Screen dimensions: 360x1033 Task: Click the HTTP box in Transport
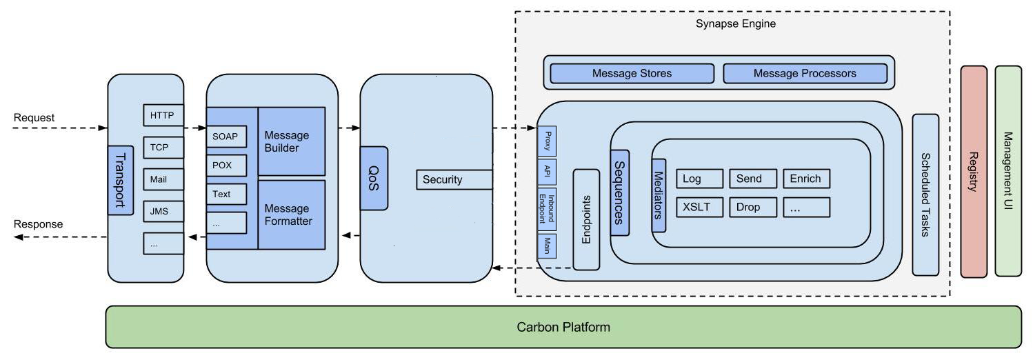pos(163,115)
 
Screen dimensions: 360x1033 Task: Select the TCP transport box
pos(163,148)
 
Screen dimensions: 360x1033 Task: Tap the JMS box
pos(163,211)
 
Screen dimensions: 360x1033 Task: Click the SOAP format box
pos(226,137)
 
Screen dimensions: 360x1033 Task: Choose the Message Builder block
pos(291,141)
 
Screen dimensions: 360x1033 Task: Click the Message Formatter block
pos(291,214)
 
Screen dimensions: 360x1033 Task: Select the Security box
pos(454,179)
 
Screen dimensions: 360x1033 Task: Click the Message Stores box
pos(632,73)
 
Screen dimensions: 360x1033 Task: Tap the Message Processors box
pos(804,73)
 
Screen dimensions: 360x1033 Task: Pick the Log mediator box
pos(699,179)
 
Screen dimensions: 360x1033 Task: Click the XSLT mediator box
pos(699,207)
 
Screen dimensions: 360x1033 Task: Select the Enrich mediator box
pos(806,179)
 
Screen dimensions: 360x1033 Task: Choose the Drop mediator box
pos(753,207)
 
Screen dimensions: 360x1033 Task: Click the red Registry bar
pos(974,172)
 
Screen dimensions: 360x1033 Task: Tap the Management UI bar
pos(1008,172)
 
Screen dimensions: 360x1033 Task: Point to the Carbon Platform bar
pos(563,327)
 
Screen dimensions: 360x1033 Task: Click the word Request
pos(34,118)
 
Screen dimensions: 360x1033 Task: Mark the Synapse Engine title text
pos(736,24)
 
